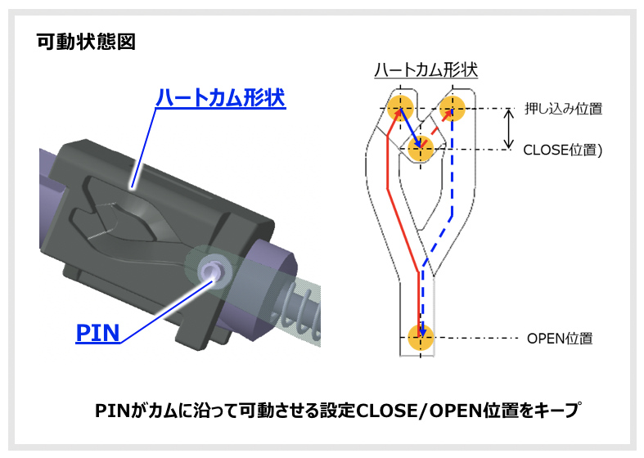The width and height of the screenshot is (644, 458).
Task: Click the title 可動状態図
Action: point(86,41)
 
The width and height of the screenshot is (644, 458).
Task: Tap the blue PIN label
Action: point(97,332)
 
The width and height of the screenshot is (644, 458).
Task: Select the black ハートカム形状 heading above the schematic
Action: point(426,70)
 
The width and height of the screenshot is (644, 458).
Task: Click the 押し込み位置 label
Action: point(564,108)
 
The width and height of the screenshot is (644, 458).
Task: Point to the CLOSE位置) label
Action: point(562,150)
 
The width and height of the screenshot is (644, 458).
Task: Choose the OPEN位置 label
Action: point(560,338)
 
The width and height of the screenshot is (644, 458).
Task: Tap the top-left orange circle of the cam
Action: point(400,107)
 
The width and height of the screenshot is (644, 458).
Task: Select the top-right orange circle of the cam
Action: point(453,107)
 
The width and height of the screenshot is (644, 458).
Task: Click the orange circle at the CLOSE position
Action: point(421,149)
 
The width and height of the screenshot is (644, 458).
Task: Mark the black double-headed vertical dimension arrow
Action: point(509,128)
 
